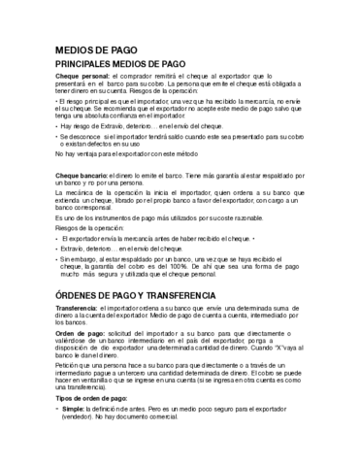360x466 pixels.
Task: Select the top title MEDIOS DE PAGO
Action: click(x=96, y=49)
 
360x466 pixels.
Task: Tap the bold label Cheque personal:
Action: click(x=82, y=76)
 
